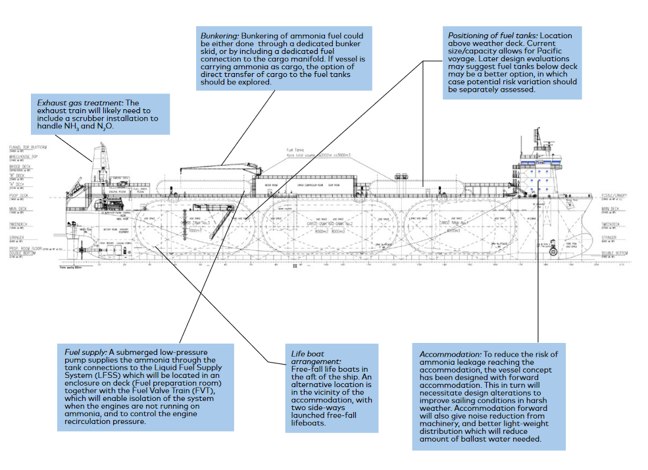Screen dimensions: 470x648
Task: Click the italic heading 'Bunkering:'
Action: click(220, 35)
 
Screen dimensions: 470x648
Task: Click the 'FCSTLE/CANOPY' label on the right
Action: click(616, 196)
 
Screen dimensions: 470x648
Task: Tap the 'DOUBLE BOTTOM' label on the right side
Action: click(616, 252)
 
